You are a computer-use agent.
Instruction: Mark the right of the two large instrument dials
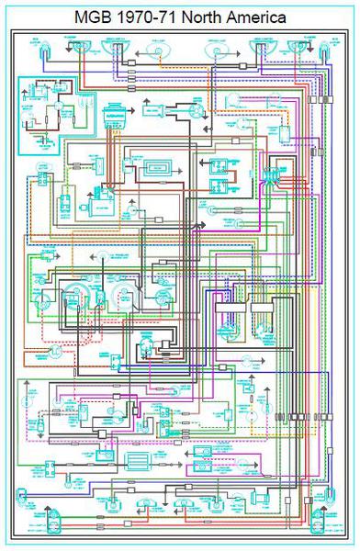119,298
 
